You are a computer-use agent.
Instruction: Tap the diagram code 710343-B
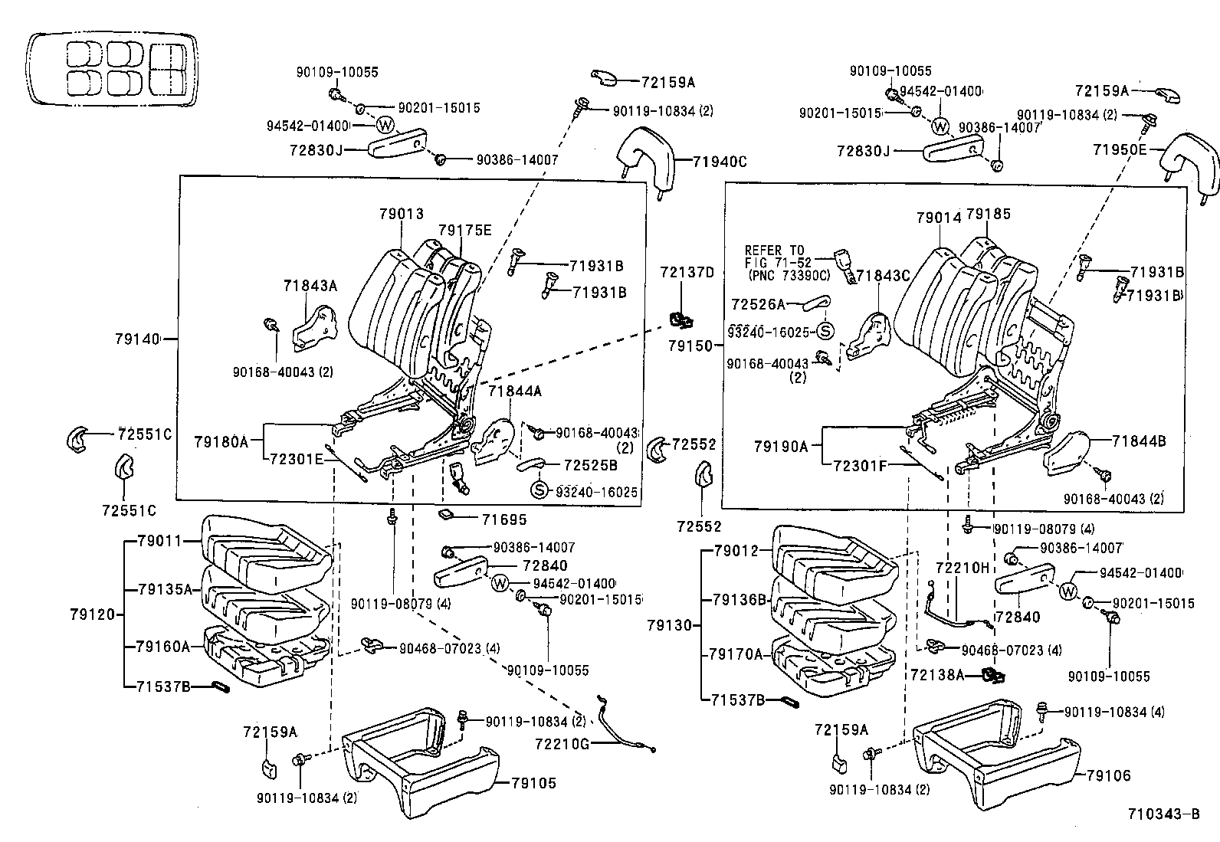pos(1163,814)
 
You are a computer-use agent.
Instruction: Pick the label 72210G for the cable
pos(562,742)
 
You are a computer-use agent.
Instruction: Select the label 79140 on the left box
pos(137,338)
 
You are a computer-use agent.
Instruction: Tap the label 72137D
pos(687,272)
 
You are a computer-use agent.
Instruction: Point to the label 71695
pos(503,519)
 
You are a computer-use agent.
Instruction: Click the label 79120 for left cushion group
pos(91,614)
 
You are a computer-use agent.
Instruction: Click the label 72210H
pos(963,567)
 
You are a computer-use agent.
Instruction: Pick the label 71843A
pos(310,286)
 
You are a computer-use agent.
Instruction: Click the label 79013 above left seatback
pos(401,215)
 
